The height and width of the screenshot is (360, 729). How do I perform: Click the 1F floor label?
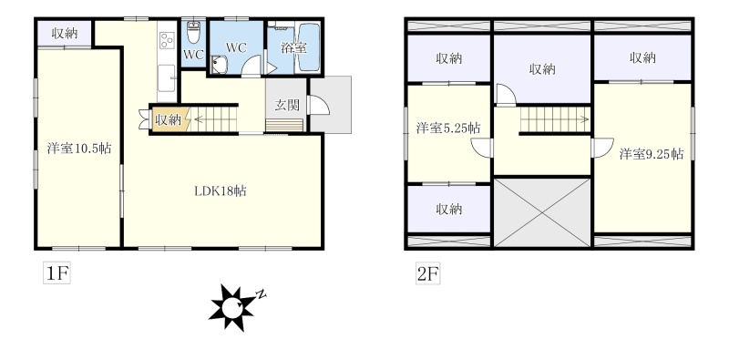pyautogui.click(x=56, y=273)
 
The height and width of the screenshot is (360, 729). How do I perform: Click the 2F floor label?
pyautogui.click(x=427, y=273)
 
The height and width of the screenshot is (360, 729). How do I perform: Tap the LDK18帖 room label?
pyautogui.click(x=221, y=190)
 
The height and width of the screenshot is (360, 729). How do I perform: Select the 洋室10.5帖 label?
pyautogui.click(x=79, y=149)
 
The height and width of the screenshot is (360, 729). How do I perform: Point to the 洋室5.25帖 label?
pyautogui.click(x=448, y=128)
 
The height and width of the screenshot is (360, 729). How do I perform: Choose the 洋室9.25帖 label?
pyautogui.click(x=651, y=154)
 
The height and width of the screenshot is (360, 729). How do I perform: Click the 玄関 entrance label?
pyautogui.click(x=286, y=106)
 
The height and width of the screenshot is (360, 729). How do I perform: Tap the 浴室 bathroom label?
pyautogui.click(x=293, y=48)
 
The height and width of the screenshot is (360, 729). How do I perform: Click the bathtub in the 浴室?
pyautogui.click(x=308, y=48)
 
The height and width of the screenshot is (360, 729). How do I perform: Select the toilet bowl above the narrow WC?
pyautogui.click(x=193, y=32)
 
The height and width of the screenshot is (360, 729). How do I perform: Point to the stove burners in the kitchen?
pyautogui.click(x=167, y=40)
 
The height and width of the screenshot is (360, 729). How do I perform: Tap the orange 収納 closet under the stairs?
pyautogui.click(x=169, y=119)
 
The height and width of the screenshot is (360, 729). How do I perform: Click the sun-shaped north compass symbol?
pyautogui.click(x=231, y=308)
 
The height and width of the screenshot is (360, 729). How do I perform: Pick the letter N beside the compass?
pyautogui.click(x=262, y=294)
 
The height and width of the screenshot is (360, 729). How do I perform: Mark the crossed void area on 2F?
pyautogui.click(x=542, y=212)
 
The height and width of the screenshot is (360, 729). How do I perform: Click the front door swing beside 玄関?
pyautogui.click(x=319, y=105)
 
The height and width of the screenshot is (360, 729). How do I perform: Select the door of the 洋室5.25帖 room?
pyautogui.click(x=482, y=149)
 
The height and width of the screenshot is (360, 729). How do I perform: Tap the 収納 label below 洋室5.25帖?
pyautogui.click(x=448, y=210)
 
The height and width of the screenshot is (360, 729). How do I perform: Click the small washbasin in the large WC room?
pyautogui.click(x=218, y=65)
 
